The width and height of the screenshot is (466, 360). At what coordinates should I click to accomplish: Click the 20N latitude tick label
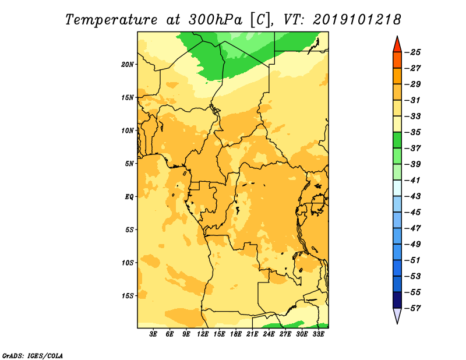pyautogui.click(x=128, y=65)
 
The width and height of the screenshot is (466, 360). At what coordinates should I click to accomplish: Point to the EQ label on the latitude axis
pyautogui.click(x=129, y=197)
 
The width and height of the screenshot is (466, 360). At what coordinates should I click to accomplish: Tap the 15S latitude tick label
pyautogui.click(x=128, y=296)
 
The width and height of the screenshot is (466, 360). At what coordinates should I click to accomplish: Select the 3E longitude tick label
pyautogui.click(x=153, y=334)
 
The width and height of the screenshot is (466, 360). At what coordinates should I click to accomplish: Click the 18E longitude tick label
pyautogui.click(x=236, y=334)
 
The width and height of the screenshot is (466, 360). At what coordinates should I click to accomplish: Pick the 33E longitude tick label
pyautogui.click(x=318, y=334)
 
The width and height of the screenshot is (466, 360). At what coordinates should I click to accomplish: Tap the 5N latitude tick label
pyautogui.click(x=129, y=164)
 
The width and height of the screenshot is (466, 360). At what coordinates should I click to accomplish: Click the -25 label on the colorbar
pyautogui.click(x=412, y=52)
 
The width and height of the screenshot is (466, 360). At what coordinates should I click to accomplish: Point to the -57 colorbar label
pyautogui.click(x=412, y=308)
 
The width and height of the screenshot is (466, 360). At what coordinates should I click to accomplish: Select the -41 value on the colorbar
pyautogui.click(x=412, y=180)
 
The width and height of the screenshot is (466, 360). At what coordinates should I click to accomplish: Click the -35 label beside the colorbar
pyautogui.click(x=412, y=132)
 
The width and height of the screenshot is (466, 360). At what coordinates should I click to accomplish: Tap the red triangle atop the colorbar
pyautogui.click(x=397, y=45)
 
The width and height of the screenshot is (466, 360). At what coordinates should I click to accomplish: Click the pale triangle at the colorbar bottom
pyautogui.click(x=397, y=315)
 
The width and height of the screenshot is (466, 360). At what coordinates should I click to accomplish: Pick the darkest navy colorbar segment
pyautogui.click(x=397, y=300)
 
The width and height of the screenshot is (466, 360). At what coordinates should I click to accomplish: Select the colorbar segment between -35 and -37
pyautogui.click(x=397, y=140)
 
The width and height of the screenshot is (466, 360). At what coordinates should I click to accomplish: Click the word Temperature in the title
pyautogui.click(x=111, y=20)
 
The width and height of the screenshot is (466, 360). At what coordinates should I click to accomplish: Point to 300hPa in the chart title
pyautogui.click(x=216, y=20)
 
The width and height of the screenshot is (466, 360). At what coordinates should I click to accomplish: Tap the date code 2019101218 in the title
pyautogui.click(x=357, y=20)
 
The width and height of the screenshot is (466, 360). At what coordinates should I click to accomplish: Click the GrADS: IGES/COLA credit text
pyautogui.click(x=33, y=356)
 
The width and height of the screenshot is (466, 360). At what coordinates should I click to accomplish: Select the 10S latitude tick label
pyautogui.click(x=128, y=263)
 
